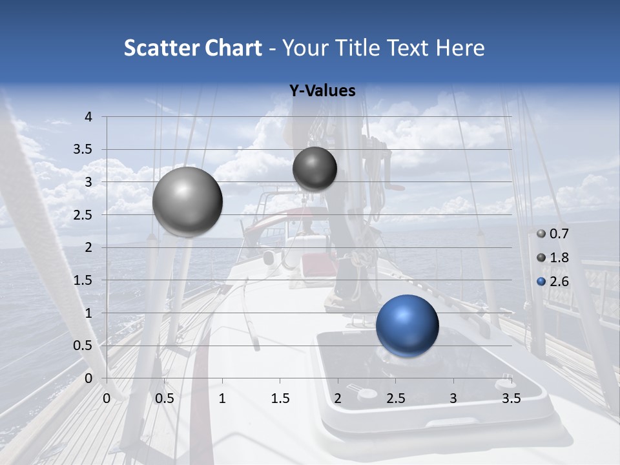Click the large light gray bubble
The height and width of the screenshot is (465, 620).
pos(187,201)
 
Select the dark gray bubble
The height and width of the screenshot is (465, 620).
pos(315,169)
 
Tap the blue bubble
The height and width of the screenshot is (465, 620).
pos(407,325)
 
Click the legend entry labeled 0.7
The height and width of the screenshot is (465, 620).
pos(559,234)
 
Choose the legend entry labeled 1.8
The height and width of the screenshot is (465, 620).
pos(559,258)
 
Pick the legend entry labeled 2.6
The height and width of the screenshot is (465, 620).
pos(559,281)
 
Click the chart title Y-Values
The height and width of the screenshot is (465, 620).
pos(322,91)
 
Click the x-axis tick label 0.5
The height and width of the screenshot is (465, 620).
pos(165,398)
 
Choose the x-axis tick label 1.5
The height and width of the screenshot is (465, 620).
pos(280,398)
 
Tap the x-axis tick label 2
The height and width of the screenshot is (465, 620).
pos(338,398)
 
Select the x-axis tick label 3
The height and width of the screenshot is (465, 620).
pos(453,398)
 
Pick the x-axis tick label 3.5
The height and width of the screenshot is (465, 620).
pos(511,398)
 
